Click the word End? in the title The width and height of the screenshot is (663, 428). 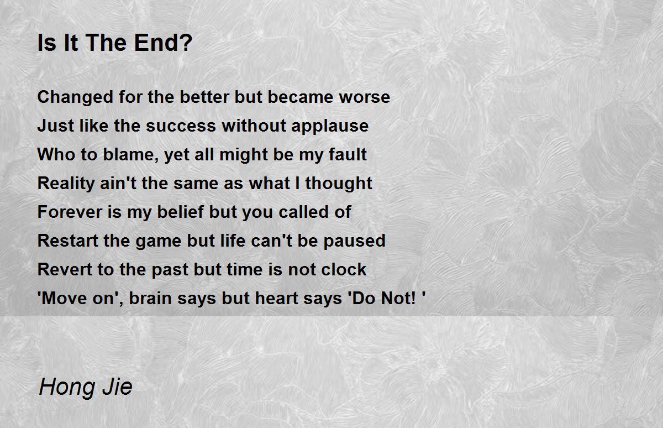[x=163, y=43]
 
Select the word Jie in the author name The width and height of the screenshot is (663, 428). [x=118, y=387]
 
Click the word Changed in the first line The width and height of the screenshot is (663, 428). [x=75, y=97]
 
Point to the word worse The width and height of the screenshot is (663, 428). [x=364, y=97]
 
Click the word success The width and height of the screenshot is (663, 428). [x=181, y=126]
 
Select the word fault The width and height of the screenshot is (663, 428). [x=348, y=154]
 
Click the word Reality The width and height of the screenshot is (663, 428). [x=66, y=184]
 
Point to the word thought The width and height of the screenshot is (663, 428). [x=339, y=184]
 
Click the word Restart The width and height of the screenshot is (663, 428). [x=68, y=241]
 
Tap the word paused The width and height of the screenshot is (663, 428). [x=354, y=241]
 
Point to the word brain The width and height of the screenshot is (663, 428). [x=150, y=298]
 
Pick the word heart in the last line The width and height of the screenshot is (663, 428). [x=276, y=298]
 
